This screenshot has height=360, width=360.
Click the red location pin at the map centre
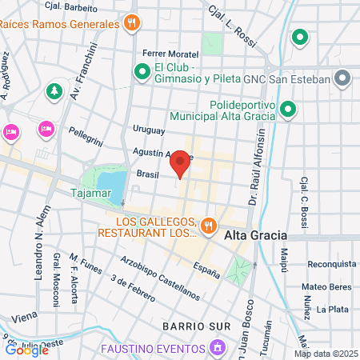[181, 162]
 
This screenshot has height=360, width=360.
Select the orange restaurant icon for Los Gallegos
[207, 225]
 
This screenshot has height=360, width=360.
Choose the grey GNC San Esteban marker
[342, 78]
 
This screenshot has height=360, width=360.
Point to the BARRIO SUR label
[195, 326]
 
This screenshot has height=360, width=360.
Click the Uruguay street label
[148, 130]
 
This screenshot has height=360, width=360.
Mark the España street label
[206, 270]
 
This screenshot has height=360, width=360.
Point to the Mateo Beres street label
[327, 286]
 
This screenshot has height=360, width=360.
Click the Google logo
[24, 349]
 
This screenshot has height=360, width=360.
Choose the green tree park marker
[54, 91]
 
